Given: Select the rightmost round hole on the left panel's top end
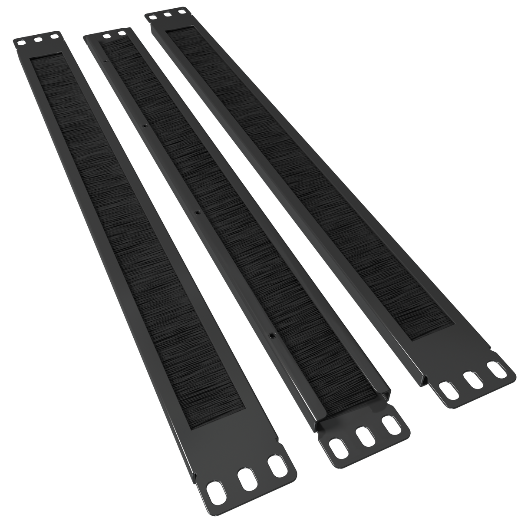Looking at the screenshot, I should tap(54, 36).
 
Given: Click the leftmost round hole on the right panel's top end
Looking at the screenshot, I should tap(151, 19).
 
